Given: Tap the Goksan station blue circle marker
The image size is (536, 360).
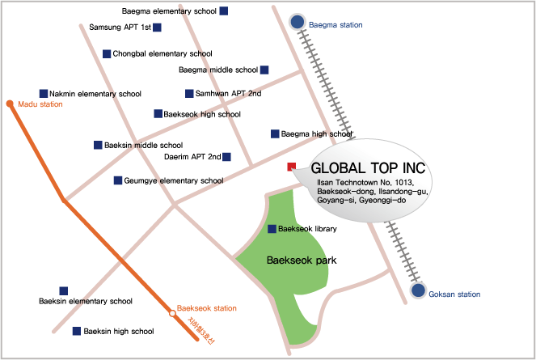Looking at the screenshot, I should point(418,290).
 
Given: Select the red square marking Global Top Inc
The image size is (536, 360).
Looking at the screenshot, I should point(292,167).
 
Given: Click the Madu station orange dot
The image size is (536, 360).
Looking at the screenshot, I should point(9,104).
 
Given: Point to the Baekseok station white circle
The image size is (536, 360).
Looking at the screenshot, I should point(171,312).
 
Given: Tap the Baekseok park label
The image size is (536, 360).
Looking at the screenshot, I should point(302,260).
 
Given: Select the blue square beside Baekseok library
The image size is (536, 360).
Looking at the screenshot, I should point(272,229).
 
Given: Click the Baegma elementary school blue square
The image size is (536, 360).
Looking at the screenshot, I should point(224,11).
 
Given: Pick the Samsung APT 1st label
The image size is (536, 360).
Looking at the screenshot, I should point(120,28).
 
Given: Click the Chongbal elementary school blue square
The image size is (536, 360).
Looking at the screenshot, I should point(107,54).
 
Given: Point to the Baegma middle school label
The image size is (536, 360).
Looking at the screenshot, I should point(217,70).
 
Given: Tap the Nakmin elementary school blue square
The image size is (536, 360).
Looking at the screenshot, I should point(43,94).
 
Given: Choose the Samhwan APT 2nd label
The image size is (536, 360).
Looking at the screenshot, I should point(228,94).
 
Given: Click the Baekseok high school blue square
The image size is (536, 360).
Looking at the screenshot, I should point(158,114).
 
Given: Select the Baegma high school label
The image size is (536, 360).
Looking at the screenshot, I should point(316,133).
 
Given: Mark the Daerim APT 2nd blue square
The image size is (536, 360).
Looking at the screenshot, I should point(226,157).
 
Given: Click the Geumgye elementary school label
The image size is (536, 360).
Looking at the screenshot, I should point(173,180).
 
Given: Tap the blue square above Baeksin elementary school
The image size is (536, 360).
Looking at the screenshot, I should point(63,290).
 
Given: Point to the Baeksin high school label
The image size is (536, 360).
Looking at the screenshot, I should point(119,331).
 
